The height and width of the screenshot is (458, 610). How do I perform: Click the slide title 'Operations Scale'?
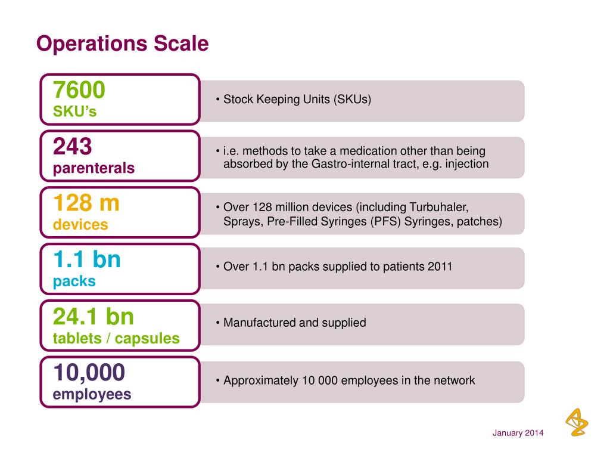(122, 44)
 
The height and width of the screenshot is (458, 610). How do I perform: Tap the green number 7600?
(79, 90)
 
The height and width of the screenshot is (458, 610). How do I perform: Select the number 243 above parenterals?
(73, 146)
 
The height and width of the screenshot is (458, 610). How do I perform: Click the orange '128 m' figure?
(86, 203)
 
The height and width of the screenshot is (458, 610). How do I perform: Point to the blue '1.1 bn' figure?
(87, 260)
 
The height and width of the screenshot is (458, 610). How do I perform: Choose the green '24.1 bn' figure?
(94, 316)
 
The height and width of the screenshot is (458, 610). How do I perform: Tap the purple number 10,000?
(89, 373)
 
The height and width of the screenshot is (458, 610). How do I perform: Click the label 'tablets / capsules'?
(116, 339)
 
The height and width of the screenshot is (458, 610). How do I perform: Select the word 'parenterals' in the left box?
(94, 169)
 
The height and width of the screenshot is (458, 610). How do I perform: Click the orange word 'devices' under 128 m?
(80, 225)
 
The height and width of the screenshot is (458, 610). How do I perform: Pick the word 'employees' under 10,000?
(92, 395)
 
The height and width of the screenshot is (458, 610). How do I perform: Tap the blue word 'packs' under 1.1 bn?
(74, 281)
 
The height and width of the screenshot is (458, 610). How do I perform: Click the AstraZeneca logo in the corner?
(575, 422)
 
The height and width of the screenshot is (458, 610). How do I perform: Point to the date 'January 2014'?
(518, 433)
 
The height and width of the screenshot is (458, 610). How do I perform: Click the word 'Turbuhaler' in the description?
(439, 208)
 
